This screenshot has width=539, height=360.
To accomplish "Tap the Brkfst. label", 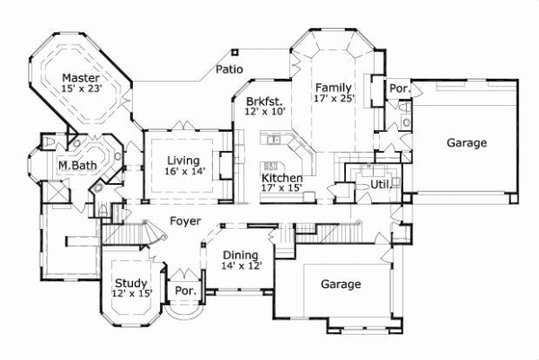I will point(264,101).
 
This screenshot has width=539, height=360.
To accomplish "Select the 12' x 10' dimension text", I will point(264,113).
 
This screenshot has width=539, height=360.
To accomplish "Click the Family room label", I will point(331,87).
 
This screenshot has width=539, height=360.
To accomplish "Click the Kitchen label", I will point(281,178).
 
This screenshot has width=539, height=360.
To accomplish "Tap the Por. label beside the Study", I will point(186,291).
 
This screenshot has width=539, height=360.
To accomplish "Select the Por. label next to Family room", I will point(399,89).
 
